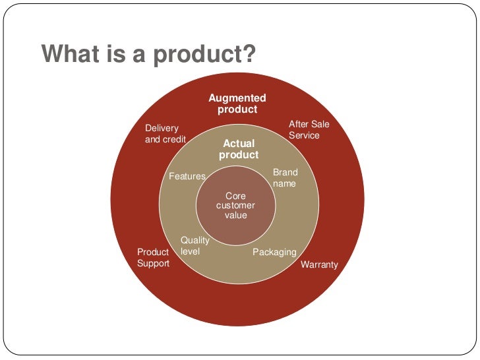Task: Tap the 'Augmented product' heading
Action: [x=237, y=104]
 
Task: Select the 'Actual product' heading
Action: [x=239, y=149]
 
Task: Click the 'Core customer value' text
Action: [x=236, y=206]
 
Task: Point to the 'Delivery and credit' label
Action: [x=165, y=134]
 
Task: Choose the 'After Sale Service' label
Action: [x=309, y=130]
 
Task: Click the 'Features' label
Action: [x=187, y=177]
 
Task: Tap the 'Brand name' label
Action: [x=285, y=178]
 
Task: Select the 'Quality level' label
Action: [x=195, y=246]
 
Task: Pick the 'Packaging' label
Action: [x=274, y=253]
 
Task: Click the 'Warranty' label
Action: [x=319, y=265]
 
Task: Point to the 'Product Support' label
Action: [x=153, y=258]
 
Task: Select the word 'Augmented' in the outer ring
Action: [x=237, y=98]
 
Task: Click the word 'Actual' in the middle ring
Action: [x=239, y=143]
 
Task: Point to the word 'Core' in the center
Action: [x=235, y=196]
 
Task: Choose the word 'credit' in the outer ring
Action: [x=174, y=139]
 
